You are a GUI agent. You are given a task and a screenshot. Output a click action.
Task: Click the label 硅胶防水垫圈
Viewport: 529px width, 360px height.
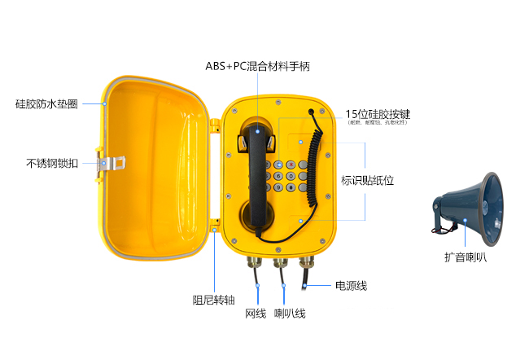(x=46, y=104)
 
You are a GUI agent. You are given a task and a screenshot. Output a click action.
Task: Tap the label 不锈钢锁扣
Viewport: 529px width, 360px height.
(x=52, y=163)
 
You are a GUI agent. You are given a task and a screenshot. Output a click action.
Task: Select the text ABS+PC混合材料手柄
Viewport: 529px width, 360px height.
(x=258, y=65)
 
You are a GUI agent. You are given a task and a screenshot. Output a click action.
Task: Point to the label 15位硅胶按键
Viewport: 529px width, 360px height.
(x=376, y=114)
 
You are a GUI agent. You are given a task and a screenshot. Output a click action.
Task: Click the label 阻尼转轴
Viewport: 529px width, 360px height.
(x=214, y=300)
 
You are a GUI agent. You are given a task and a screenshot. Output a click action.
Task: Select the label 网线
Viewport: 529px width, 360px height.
(x=256, y=313)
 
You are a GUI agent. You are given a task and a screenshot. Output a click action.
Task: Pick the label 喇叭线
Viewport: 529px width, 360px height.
(x=289, y=313)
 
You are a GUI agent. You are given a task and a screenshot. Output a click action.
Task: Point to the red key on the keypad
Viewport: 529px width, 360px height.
(x=291, y=163)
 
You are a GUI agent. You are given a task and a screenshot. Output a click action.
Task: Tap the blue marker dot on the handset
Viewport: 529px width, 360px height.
(x=258, y=130)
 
